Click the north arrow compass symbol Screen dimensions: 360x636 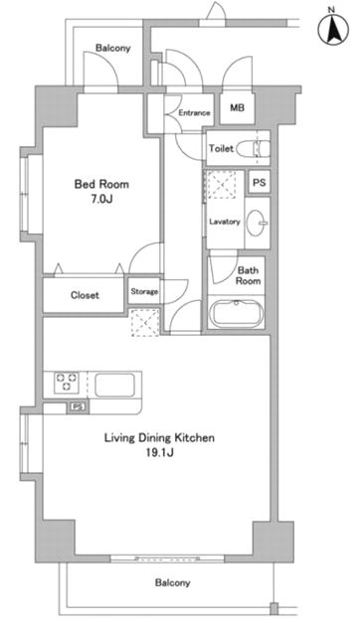click(333, 30)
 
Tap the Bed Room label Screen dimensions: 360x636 click(101, 185)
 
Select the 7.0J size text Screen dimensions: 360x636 click(101, 199)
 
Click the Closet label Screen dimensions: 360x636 click(85, 295)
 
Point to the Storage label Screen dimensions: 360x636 click(144, 291)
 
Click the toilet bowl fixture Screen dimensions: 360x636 click(254, 148)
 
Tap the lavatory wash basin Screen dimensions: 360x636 click(258, 223)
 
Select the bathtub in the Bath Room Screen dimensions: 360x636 click(237, 314)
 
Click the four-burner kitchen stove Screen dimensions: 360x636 click(67, 383)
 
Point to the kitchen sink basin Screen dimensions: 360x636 click(114, 385)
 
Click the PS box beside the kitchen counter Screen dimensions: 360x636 click(78, 407)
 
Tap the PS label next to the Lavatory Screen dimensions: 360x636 click(260, 183)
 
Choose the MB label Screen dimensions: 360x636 click(237, 108)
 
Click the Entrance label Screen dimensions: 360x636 click(194, 112)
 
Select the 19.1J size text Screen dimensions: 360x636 click(159, 453)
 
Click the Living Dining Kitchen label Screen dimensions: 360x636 click(159, 438)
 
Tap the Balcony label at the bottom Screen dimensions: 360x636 click(172, 583)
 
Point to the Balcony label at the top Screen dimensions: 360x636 click(112, 48)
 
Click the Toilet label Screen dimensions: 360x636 click(221, 148)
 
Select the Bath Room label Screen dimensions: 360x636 click(248, 275)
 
